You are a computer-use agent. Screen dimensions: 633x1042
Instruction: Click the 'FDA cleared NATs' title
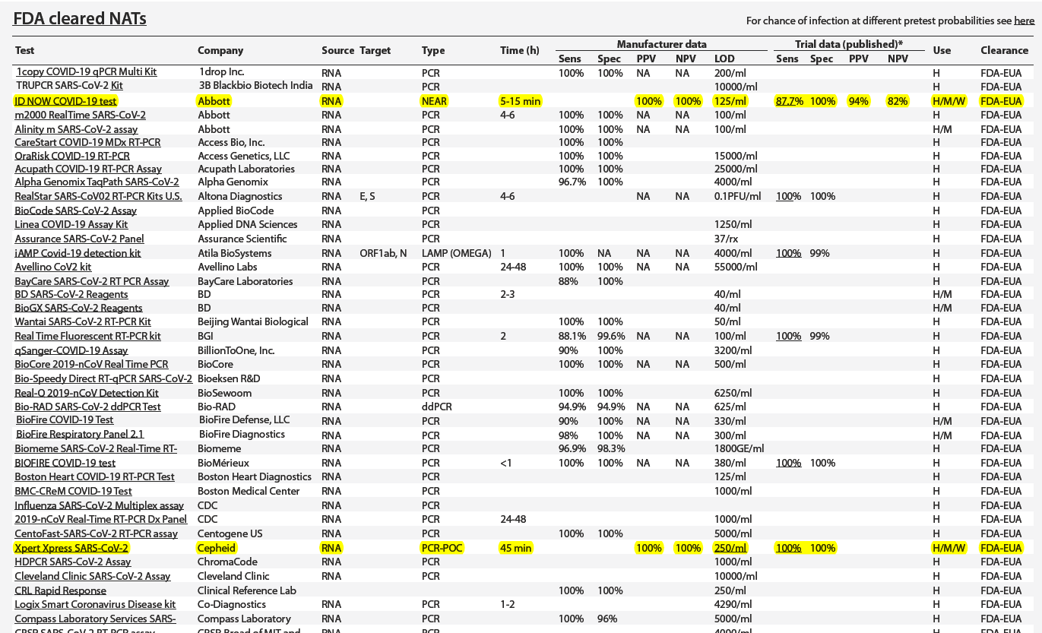(80, 18)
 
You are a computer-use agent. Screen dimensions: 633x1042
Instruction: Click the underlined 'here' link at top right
(1024, 21)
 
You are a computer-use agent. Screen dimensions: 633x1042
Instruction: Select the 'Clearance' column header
(1004, 50)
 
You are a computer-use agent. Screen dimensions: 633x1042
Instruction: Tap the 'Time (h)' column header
(520, 50)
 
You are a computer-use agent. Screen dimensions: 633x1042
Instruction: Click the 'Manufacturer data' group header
(661, 44)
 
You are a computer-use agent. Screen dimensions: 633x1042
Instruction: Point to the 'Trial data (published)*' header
(849, 44)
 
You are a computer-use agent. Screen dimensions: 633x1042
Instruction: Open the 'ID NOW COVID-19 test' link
(66, 100)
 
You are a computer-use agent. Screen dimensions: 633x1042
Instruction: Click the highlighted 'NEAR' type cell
(434, 100)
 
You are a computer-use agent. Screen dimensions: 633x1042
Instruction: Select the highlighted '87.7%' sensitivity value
(790, 101)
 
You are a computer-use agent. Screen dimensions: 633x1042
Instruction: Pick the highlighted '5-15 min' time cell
(521, 100)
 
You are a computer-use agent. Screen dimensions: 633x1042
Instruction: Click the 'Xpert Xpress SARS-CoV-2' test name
(72, 548)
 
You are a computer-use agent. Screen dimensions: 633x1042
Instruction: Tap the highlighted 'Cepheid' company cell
(217, 548)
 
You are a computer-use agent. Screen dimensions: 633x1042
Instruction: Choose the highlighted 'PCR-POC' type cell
(442, 548)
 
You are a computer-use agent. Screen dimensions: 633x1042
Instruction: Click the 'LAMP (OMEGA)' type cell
(456, 253)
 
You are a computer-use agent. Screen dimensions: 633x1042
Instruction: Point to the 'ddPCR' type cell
(436, 407)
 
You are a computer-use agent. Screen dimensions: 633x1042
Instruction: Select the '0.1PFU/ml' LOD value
(737, 196)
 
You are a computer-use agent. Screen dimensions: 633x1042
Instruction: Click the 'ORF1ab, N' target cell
(383, 253)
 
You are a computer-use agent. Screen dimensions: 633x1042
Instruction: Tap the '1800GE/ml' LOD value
(739, 448)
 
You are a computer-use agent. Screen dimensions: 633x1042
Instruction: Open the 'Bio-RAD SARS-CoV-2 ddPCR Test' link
(88, 407)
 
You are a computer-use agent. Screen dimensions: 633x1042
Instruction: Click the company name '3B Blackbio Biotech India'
(255, 86)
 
